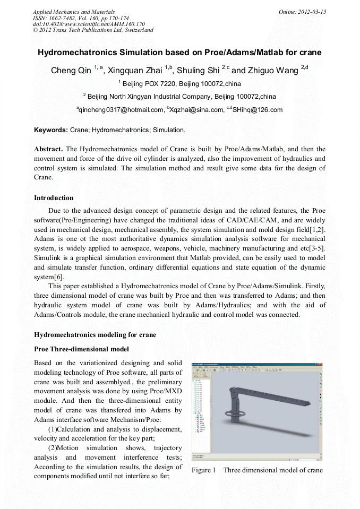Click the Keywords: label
(51, 130)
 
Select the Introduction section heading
(54, 198)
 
